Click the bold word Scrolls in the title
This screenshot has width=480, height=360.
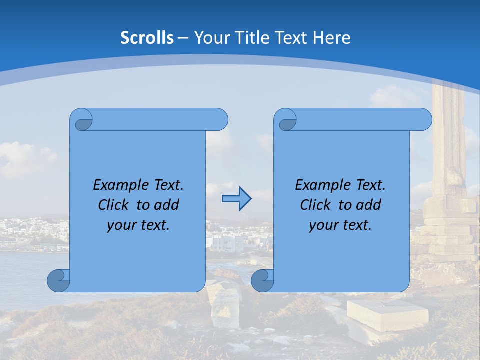(147, 38)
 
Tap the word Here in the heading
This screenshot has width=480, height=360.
(331, 38)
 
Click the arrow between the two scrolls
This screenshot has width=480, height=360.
(236, 199)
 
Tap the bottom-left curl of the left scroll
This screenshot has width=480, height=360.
(59, 280)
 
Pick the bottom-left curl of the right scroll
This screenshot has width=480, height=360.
(263, 280)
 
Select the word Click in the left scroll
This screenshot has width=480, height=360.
(114, 205)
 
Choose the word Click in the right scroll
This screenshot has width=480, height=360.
(316, 205)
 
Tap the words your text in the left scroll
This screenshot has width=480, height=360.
(138, 225)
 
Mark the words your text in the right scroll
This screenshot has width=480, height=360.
(340, 225)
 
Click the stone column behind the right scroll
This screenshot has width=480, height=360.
(447, 165)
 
